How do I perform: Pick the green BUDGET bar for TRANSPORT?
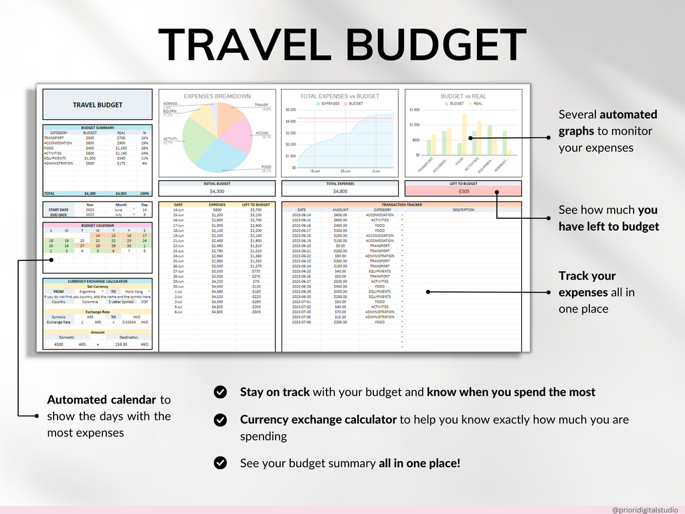pyautogui.click(x=429, y=147)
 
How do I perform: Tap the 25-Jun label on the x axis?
pyautogui.click(x=345, y=171)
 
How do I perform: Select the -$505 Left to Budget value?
pyautogui.click(x=463, y=191)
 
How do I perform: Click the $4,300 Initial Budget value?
pyautogui.click(x=217, y=191)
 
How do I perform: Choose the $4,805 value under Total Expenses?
pyautogui.click(x=340, y=191)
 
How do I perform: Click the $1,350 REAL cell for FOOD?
pyautogui.click(x=121, y=148)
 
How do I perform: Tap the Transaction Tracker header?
pyautogui.click(x=401, y=204)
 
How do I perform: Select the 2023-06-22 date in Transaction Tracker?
pyautogui.click(x=302, y=256)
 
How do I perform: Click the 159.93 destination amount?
pyautogui.click(x=121, y=345)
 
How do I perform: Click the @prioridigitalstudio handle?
pyautogui.click(x=645, y=509)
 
